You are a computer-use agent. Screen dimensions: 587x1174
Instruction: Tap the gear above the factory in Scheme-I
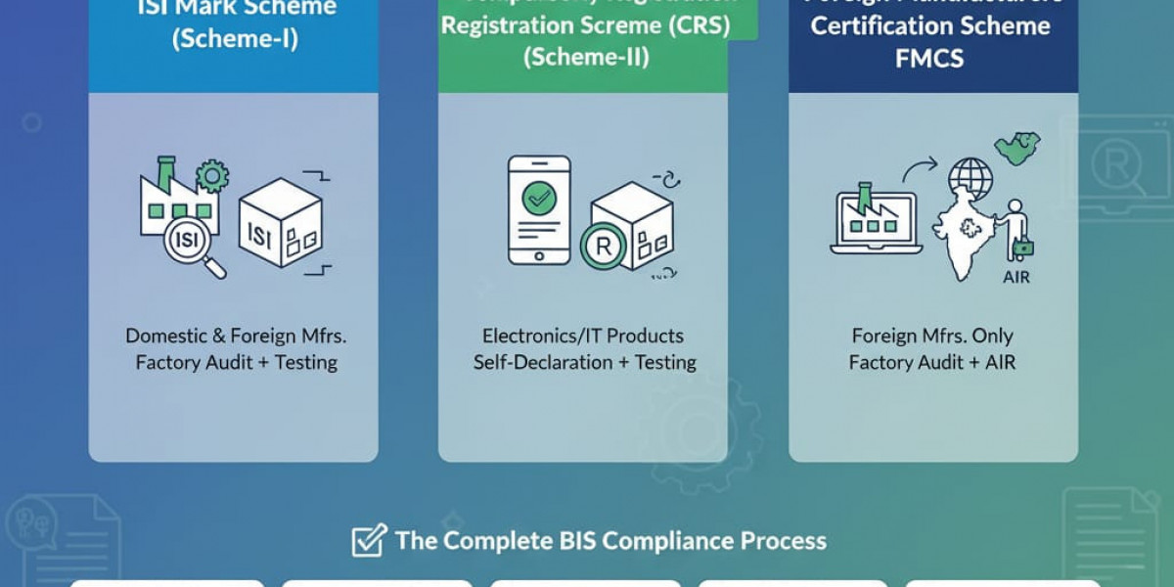click(x=211, y=176)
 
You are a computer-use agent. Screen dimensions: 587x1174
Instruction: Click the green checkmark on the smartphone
click(x=538, y=199)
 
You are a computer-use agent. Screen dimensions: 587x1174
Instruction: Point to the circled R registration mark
click(x=604, y=246)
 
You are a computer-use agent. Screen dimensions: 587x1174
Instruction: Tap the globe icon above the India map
click(x=970, y=179)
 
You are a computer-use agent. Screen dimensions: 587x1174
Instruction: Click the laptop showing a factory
click(x=875, y=223)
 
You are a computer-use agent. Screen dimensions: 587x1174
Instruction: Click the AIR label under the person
click(x=1016, y=277)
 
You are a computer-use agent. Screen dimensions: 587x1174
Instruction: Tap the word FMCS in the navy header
click(x=928, y=58)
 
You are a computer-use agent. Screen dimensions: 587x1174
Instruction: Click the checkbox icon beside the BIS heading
click(x=369, y=540)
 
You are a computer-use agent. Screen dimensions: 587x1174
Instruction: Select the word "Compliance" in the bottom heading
click(x=655, y=540)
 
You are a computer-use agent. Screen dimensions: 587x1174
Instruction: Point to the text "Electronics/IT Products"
click(x=583, y=336)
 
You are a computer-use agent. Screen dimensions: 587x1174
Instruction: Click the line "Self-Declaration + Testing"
click(x=584, y=362)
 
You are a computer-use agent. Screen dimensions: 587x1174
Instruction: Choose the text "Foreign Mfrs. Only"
click(x=932, y=336)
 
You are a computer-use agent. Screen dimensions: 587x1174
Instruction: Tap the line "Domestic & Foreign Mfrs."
click(x=236, y=336)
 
